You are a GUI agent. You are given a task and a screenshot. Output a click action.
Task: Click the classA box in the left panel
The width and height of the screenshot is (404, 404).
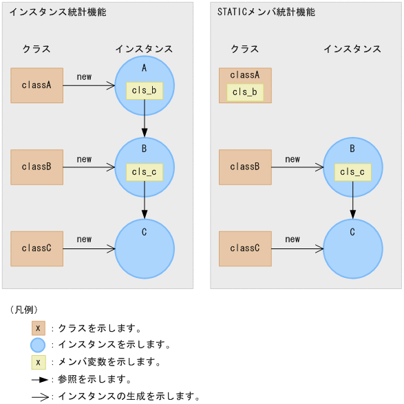[x=37, y=85]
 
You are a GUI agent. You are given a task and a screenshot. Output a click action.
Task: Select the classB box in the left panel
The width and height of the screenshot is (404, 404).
[x=37, y=167]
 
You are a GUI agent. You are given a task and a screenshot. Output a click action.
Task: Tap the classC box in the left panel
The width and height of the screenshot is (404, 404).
[x=37, y=248]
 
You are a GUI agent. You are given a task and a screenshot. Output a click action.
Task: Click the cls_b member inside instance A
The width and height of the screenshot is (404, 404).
[x=145, y=91]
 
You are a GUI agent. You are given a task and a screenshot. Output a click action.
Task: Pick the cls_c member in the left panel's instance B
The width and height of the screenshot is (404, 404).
[x=145, y=172]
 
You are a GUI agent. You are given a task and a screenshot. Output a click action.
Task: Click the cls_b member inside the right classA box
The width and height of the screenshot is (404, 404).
[x=245, y=92]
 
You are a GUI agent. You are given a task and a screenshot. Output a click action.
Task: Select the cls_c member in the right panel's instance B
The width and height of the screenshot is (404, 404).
[x=352, y=172]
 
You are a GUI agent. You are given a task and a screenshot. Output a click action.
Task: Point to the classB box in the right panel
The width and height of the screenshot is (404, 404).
[x=245, y=167]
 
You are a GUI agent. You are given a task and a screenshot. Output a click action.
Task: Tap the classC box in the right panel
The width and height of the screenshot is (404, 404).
[x=245, y=248]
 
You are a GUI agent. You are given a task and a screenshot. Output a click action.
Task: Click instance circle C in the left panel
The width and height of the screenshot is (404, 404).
[x=145, y=249]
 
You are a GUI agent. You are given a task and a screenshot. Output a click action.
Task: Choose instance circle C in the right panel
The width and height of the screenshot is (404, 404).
[x=352, y=249]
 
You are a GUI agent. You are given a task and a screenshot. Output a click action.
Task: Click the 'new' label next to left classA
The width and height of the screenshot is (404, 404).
[x=84, y=77]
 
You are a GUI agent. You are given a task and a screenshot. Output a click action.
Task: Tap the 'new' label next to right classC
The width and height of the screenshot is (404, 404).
[x=293, y=240]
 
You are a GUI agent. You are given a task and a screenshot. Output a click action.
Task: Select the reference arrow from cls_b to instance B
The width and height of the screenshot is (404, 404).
[x=145, y=118]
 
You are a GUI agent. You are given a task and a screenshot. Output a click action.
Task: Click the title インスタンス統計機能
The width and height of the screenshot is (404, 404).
[x=58, y=12]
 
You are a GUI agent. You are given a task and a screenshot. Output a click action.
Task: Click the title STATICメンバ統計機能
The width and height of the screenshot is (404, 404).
[x=266, y=12]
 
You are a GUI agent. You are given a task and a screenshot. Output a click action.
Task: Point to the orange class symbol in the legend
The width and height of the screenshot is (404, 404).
[x=38, y=328]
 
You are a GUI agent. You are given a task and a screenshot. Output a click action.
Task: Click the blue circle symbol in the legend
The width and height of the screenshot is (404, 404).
[x=38, y=345]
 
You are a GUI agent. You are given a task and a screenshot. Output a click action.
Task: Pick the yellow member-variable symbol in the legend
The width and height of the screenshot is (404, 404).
[x=38, y=362]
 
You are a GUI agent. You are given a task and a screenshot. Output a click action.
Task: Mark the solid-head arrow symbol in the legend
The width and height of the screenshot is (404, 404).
[x=39, y=379]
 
